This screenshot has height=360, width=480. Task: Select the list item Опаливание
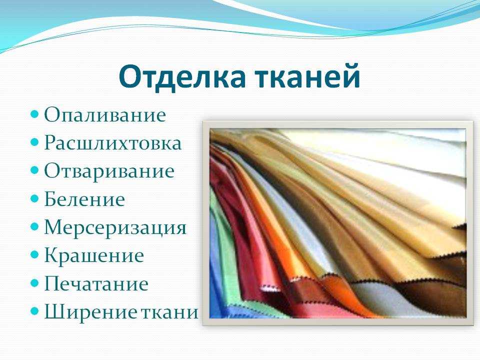105,114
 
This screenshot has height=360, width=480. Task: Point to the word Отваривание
109,171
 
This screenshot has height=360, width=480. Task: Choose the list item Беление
84,199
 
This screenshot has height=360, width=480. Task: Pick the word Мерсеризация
115,228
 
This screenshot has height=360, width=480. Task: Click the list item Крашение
94,255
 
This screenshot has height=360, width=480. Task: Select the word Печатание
96,283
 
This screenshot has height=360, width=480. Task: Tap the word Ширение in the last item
90,311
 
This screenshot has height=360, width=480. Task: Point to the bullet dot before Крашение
35,255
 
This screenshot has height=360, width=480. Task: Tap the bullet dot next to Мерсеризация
35,227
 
